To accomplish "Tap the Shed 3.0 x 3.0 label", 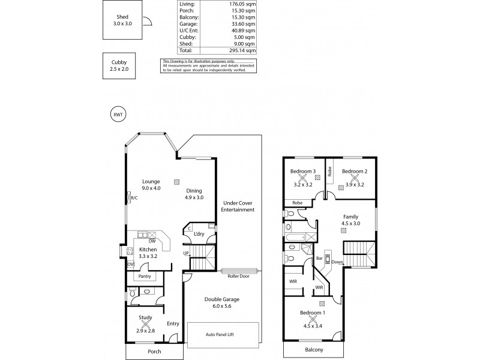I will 122,19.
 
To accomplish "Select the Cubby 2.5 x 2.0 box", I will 119,66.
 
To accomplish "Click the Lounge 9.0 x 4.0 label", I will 151,185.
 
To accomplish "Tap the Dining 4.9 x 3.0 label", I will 194,194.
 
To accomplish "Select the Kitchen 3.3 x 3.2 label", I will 148,253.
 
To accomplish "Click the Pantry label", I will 145,277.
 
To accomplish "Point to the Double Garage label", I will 222,303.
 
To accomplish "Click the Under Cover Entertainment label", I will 238,206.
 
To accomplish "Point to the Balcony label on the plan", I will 314,349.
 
